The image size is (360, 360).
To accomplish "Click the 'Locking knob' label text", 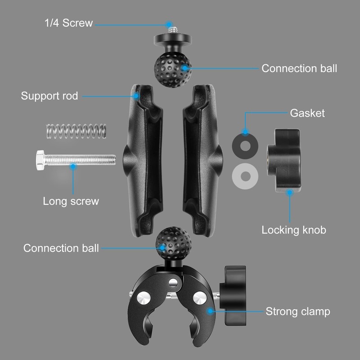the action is pos(293,230).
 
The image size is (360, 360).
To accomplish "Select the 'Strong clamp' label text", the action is pos(297,311).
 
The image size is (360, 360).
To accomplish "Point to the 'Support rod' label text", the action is pos(49,96).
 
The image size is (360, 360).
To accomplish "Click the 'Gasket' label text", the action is pos(307,112).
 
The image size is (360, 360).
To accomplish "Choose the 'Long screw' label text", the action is pos(71,201).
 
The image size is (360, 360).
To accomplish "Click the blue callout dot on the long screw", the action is pos(72,166).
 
